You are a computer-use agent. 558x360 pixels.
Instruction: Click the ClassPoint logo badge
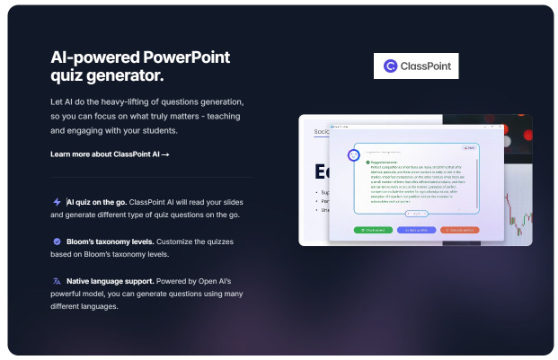click(415, 66)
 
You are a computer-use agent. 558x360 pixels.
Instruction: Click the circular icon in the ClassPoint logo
click(390, 66)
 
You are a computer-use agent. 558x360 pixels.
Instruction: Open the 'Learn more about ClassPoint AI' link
click(110, 154)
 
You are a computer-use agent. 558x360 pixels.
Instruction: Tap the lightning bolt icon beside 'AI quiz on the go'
click(57, 202)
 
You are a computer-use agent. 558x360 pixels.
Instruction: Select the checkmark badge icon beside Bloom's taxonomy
click(57, 241)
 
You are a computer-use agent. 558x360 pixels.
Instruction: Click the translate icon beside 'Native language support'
click(57, 281)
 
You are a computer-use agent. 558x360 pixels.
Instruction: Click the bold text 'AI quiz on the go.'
click(102, 202)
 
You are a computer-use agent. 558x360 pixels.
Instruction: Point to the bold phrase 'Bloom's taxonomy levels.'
click(114, 241)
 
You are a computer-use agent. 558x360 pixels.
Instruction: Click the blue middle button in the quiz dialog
click(416, 230)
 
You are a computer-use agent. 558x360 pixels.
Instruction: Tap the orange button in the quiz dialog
click(459, 230)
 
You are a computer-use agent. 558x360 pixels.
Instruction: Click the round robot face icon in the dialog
click(354, 154)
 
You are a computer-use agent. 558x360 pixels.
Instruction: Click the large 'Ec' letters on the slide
click(322, 171)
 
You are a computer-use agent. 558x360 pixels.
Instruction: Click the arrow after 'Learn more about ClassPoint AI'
click(165, 154)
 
